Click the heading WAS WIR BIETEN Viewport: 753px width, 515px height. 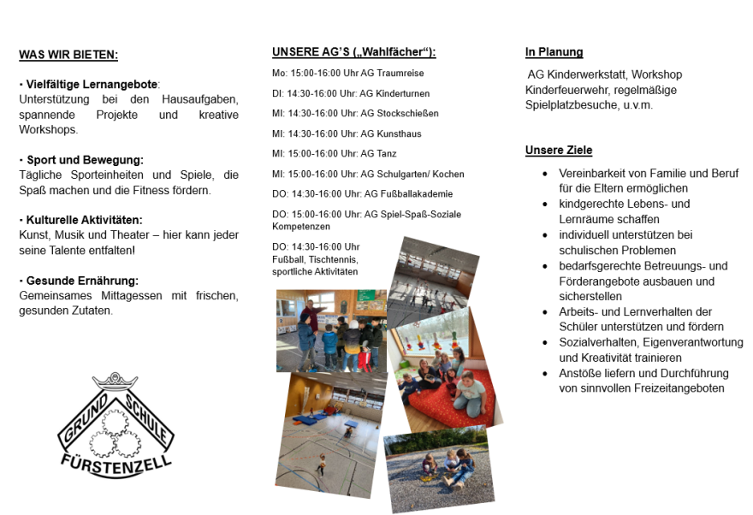(68, 56)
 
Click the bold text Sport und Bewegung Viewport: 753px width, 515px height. (85, 160)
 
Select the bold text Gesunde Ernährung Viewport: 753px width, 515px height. (82, 281)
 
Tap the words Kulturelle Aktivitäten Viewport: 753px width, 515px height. (85, 220)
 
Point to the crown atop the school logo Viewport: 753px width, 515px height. (115, 380)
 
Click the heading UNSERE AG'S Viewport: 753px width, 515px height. (353, 52)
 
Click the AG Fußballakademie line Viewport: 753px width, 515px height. (362, 194)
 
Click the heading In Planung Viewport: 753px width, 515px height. (554, 52)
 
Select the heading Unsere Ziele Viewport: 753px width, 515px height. (558, 151)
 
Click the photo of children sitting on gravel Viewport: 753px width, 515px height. (438, 467)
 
